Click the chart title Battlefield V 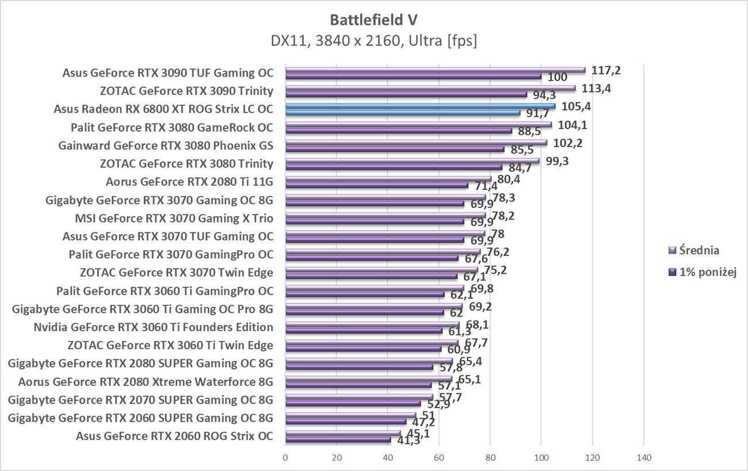(373, 20)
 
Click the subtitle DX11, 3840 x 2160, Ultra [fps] (373, 41)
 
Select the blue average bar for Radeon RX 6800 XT (420, 106)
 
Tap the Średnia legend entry (699, 250)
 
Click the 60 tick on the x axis (439, 458)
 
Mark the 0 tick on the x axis (285, 458)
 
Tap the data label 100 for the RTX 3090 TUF (557, 77)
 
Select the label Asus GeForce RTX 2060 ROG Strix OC (174, 436)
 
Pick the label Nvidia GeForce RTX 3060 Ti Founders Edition (153, 327)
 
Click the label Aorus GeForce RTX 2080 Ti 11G (189, 182)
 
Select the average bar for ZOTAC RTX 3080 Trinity (412, 161)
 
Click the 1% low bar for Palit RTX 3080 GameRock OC (398, 131)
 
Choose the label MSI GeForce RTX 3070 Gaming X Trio (174, 219)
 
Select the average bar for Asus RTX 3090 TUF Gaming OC (435, 70)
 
